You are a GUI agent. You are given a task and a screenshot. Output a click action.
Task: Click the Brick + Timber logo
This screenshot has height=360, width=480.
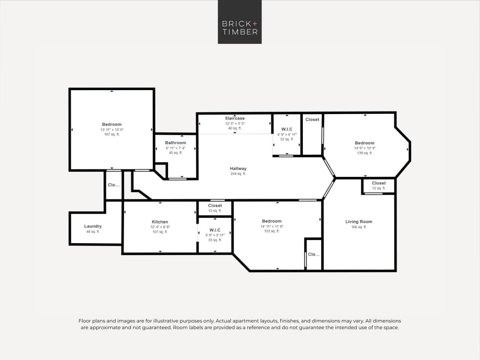click(239, 22)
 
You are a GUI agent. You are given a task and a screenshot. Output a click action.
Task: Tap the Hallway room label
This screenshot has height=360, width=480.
click(238, 169)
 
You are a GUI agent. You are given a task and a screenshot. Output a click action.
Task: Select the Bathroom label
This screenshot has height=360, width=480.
click(175, 143)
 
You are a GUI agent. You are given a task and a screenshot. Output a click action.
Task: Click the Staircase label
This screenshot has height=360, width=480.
click(235, 118)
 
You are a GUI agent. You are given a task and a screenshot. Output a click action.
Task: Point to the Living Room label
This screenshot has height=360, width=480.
click(358, 221)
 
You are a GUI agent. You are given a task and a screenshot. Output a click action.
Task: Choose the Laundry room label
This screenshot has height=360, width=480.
click(93, 226)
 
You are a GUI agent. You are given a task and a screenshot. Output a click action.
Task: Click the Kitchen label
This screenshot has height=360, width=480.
click(160, 222)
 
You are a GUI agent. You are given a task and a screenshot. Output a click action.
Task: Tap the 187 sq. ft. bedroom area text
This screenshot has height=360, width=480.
click(111, 134)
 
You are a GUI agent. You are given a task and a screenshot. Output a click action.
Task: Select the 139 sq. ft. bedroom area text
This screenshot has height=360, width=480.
click(364, 153)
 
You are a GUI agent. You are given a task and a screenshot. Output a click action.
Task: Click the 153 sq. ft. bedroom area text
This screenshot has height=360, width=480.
click(271, 231)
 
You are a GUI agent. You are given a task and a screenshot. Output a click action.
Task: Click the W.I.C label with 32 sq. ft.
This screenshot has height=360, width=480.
click(287, 129)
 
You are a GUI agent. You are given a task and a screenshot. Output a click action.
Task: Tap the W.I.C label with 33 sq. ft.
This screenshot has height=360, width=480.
click(215, 230)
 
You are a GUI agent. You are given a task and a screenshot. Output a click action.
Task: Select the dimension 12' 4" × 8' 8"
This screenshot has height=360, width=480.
click(160, 227)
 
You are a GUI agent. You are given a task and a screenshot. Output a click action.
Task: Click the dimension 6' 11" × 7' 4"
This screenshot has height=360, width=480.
click(175, 148)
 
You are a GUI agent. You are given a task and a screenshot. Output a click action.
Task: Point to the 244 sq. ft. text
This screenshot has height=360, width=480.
click(238, 174)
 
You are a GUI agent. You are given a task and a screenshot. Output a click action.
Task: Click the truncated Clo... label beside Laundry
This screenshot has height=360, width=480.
click(113, 185)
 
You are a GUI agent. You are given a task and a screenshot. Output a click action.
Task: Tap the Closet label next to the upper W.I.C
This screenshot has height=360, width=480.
click(312, 119)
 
